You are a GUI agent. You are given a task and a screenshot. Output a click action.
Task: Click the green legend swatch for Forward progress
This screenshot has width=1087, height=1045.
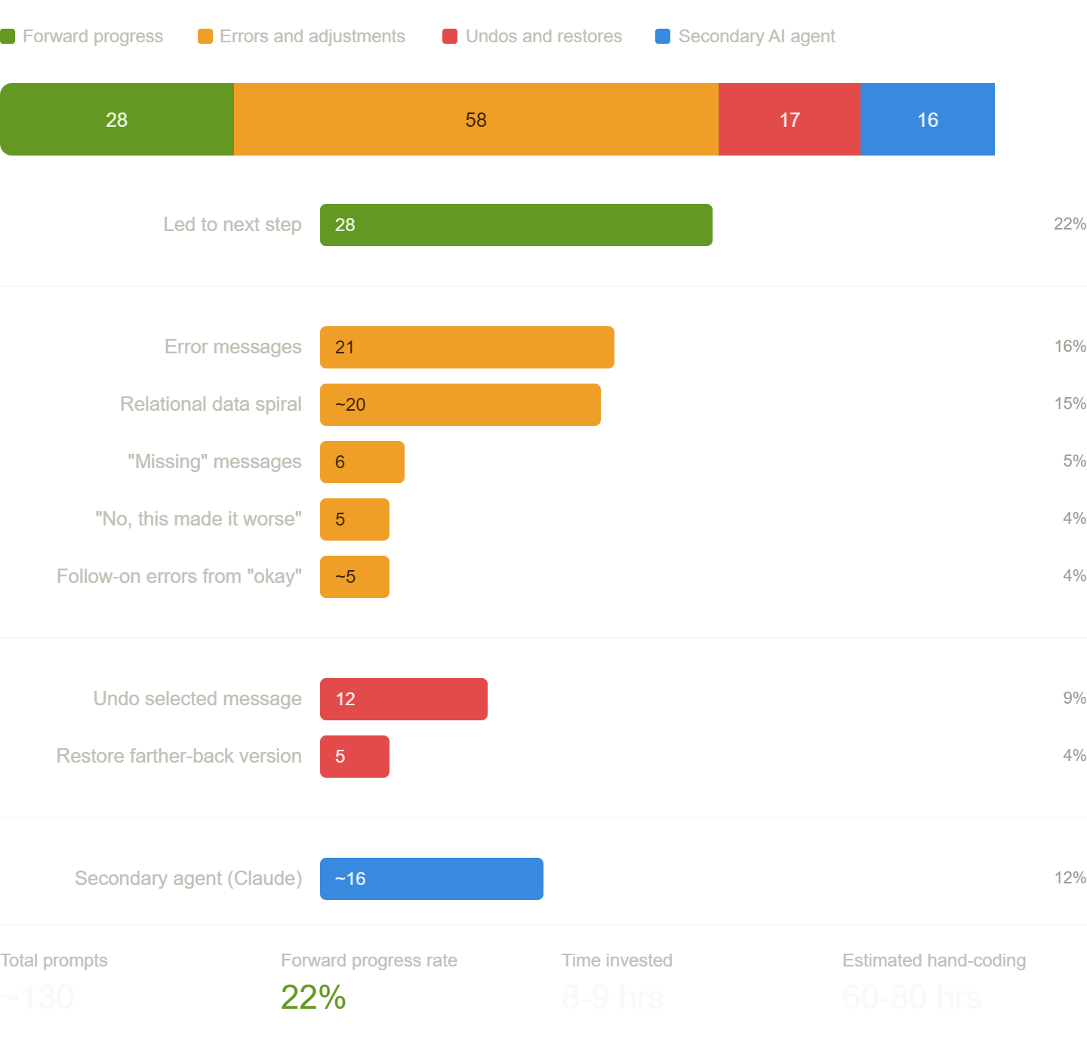click(8, 36)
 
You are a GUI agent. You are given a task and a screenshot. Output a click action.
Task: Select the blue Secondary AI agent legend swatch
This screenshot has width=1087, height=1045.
click(663, 36)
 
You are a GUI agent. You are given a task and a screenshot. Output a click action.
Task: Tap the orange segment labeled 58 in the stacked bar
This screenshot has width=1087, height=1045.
click(476, 119)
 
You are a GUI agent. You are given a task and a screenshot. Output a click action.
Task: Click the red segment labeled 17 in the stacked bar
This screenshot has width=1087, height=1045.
click(789, 119)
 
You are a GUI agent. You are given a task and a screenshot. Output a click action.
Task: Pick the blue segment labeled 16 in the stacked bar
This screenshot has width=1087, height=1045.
click(927, 119)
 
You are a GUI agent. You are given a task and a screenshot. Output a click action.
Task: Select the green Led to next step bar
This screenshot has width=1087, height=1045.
click(516, 225)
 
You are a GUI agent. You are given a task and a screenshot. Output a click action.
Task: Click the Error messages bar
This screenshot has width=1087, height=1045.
click(467, 347)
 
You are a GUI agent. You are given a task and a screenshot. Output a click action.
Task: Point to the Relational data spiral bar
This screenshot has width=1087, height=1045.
click(460, 405)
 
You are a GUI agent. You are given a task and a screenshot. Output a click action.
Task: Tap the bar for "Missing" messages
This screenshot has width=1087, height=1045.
click(362, 462)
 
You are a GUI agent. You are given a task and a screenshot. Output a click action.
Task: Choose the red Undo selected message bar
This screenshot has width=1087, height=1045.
click(403, 699)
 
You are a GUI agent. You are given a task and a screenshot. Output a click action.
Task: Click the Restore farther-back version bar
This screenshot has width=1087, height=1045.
click(354, 757)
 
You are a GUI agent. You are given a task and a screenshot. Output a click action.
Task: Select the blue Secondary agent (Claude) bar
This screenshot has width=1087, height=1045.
click(431, 879)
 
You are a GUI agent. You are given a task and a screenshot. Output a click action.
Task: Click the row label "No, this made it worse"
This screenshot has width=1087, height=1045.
click(199, 519)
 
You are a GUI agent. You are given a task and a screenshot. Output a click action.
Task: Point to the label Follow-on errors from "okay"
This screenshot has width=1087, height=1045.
click(179, 577)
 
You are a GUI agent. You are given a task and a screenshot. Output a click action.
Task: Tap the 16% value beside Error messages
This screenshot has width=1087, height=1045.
click(1070, 347)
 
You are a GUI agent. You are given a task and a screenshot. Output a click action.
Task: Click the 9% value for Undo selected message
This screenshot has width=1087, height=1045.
click(1074, 698)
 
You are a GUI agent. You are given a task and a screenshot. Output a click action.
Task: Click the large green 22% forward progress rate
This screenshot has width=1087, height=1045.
click(313, 997)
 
